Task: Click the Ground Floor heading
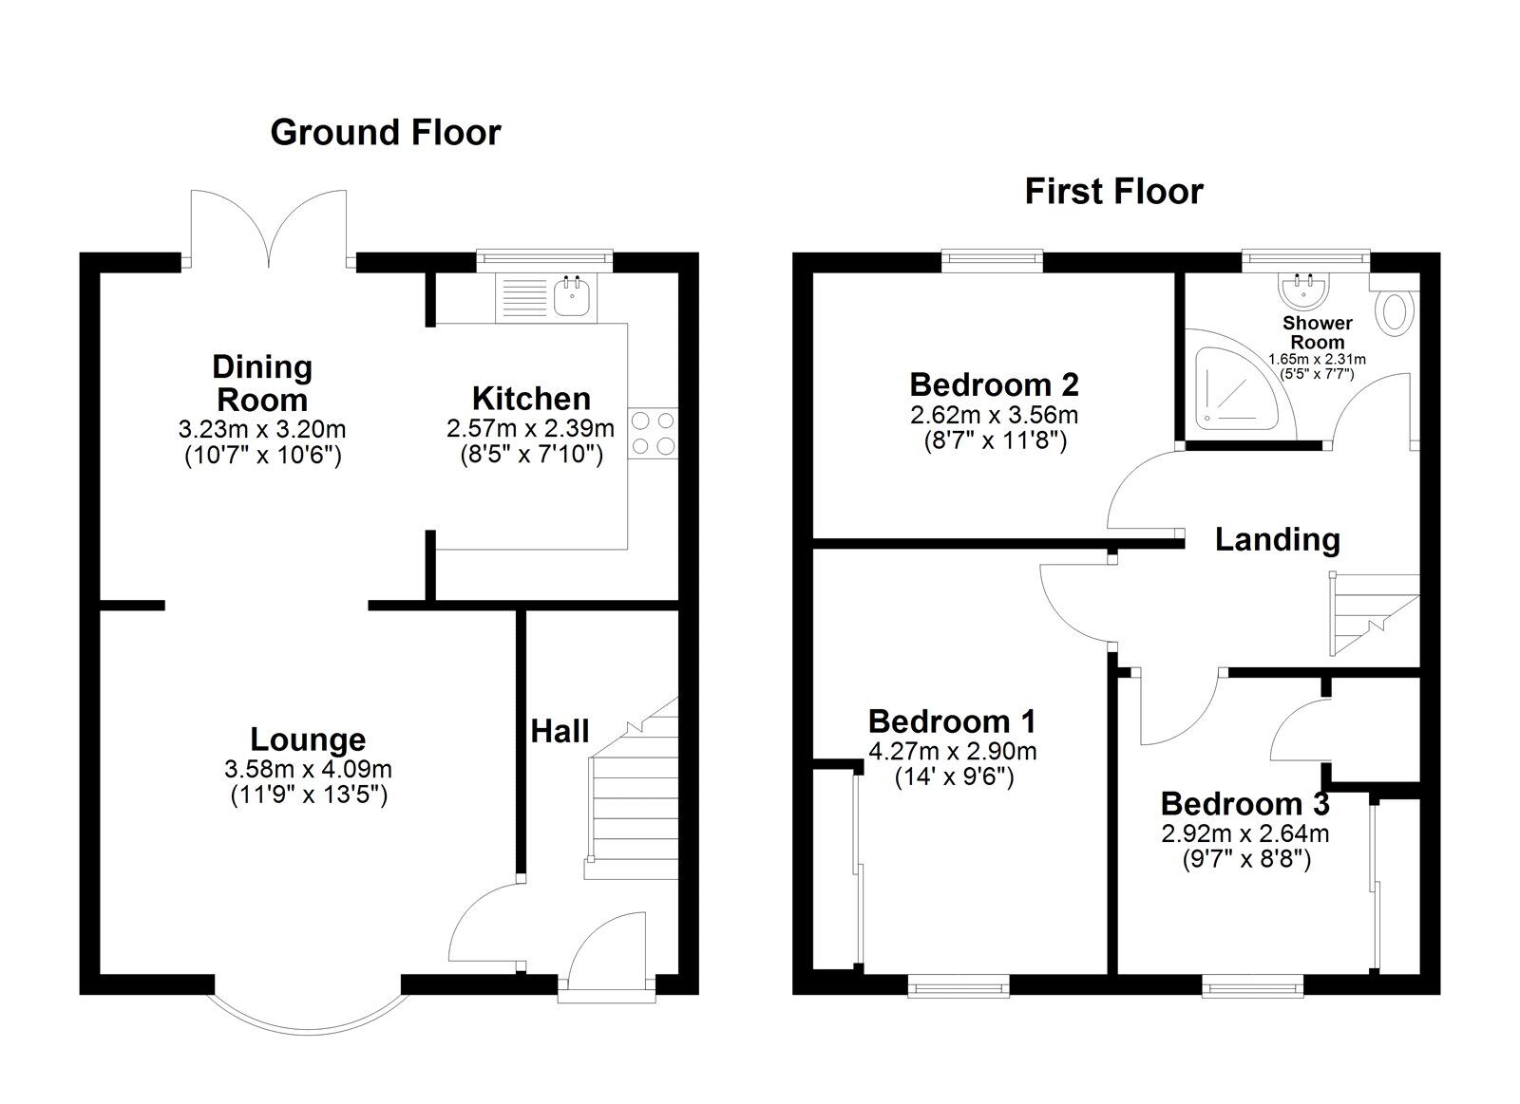pyautogui.click(x=385, y=132)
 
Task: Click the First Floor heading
pyautogui.click(x=1113, y=192)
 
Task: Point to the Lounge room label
pyautogui.click(x=308, y=739)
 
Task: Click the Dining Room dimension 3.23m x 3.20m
pyautogui.click(x=262, y=429)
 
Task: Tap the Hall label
pyautogui.click(x=560, y=731)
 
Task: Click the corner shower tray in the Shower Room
pyautogui.click(x=1235, y=384)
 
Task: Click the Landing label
pyautogui.click(x=1277, y=539)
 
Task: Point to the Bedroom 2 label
pyautogui.click(x=994, y=384)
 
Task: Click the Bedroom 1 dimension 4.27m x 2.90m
pyautogui.click(x=953, y=752)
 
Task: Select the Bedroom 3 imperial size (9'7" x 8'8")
pyautogui.click(x=1244, y=860)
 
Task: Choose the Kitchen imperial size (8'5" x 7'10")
pyautogui.click(x=530, y=454)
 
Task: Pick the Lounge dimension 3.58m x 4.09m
pyautogui.click(x=309, y=769)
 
